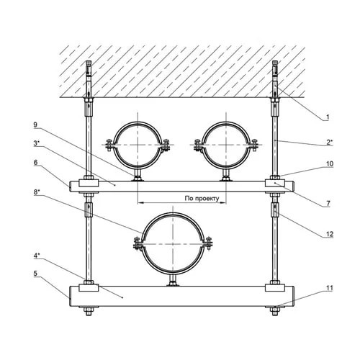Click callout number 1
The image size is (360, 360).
click(x=328, y=117)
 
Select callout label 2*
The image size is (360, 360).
click(x=329, y=143)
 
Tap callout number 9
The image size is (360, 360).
click(x=35, y=125)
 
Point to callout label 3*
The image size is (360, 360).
click(x=36, y=143)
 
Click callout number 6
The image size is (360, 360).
click(x=35, y=163)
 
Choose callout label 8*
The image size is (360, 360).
click(x=37, y=193)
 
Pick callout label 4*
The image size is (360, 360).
click(x=37, y=256)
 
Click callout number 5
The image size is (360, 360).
click(x=35, y=274)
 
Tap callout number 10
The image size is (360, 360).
click(x=330, y=164)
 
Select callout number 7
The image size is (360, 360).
click(x=328, y=204)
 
